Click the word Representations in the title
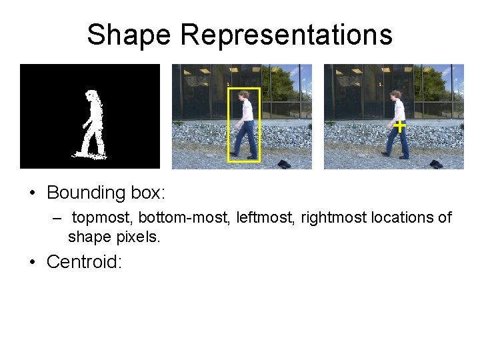287,35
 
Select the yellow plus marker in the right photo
399,125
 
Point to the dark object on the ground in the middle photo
284,164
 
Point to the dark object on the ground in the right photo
436,164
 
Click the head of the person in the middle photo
245,96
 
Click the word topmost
102,218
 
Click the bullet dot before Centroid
31,262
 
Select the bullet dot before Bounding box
31,194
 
